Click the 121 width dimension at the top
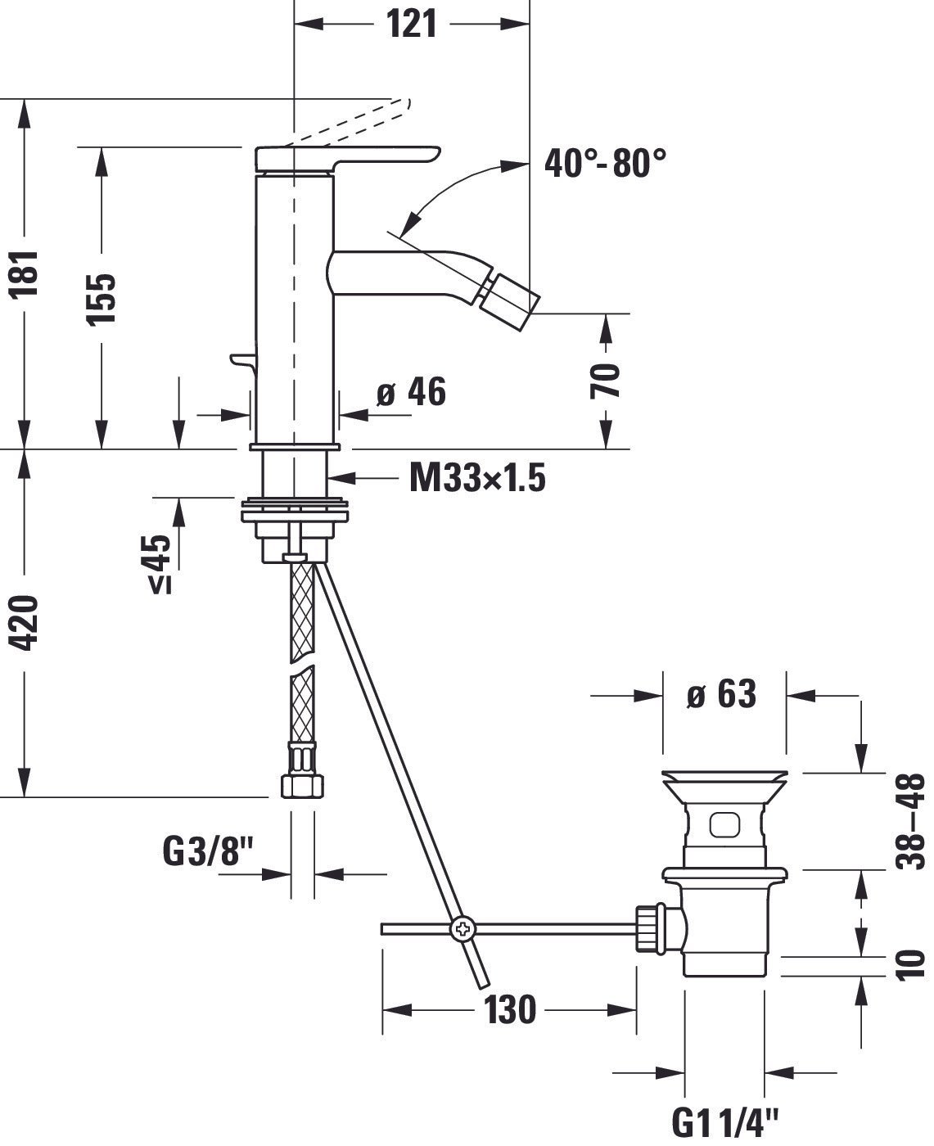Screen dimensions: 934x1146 pyautogui.click(x=412, y=25)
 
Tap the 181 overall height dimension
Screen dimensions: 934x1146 pyautogui.click(x=25, y=273)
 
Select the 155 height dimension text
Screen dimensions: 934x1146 pyautogui.click(x=102, y=300)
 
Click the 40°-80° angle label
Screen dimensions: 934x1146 pyautogui.click(x=605, y=163)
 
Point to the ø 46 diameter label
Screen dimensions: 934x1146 pyautogui.click(x=412, y=391)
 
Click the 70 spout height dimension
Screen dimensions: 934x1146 pyautogui.click(x=606, y=381)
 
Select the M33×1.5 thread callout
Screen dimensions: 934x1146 pyautogui.click(x=478, y=478)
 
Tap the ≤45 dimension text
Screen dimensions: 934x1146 pyautogui.click(x=160, y=563)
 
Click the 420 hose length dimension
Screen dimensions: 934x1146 pyautogui.click(x=25, y=623)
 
